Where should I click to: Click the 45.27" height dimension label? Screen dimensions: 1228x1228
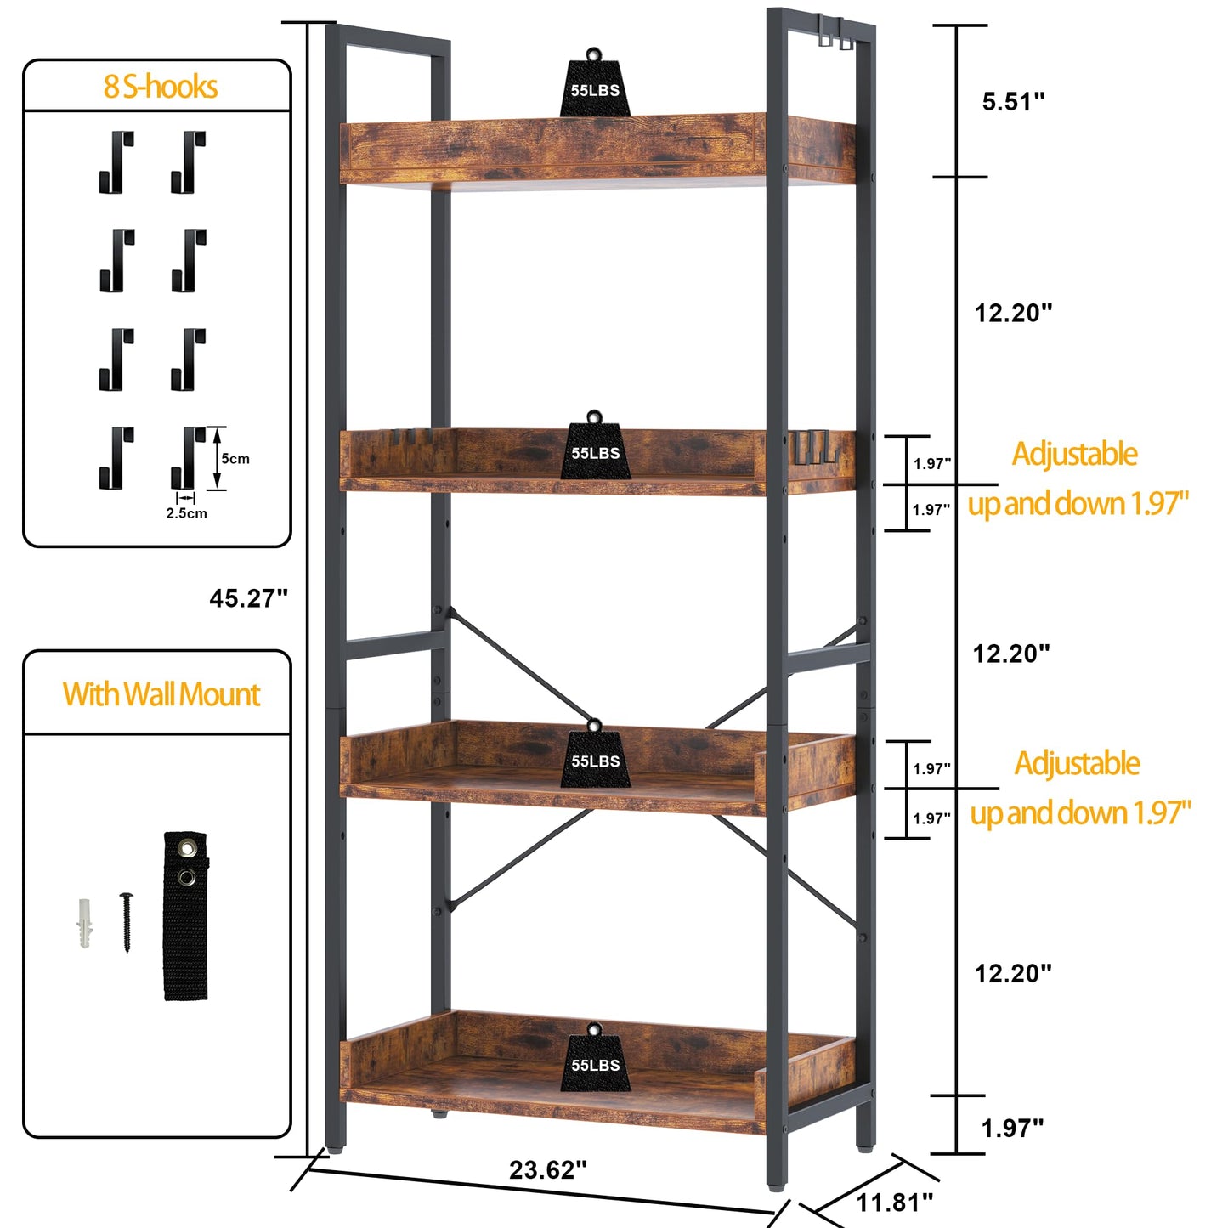pos(248,598)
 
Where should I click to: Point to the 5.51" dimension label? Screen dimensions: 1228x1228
pos(1013,101)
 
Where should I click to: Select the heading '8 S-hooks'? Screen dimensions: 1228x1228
pos(161,87)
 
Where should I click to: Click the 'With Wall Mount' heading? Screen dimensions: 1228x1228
pos(161,694)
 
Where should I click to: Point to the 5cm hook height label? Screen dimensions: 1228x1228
pos(235,459)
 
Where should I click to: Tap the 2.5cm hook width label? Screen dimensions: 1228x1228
pos(187,513)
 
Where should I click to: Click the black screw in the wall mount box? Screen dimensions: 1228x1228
pos(127,922)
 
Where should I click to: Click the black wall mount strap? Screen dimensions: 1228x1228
pos(185,916)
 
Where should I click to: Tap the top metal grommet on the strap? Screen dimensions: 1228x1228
pos(187,848)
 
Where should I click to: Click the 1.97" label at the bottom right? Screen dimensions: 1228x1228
pos(1013,1129)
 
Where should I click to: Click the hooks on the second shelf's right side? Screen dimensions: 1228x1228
pos(814,449)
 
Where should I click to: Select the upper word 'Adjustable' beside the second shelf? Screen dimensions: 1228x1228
pos(1074,454)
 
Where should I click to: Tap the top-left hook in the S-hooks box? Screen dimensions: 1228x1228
pos(116,161)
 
